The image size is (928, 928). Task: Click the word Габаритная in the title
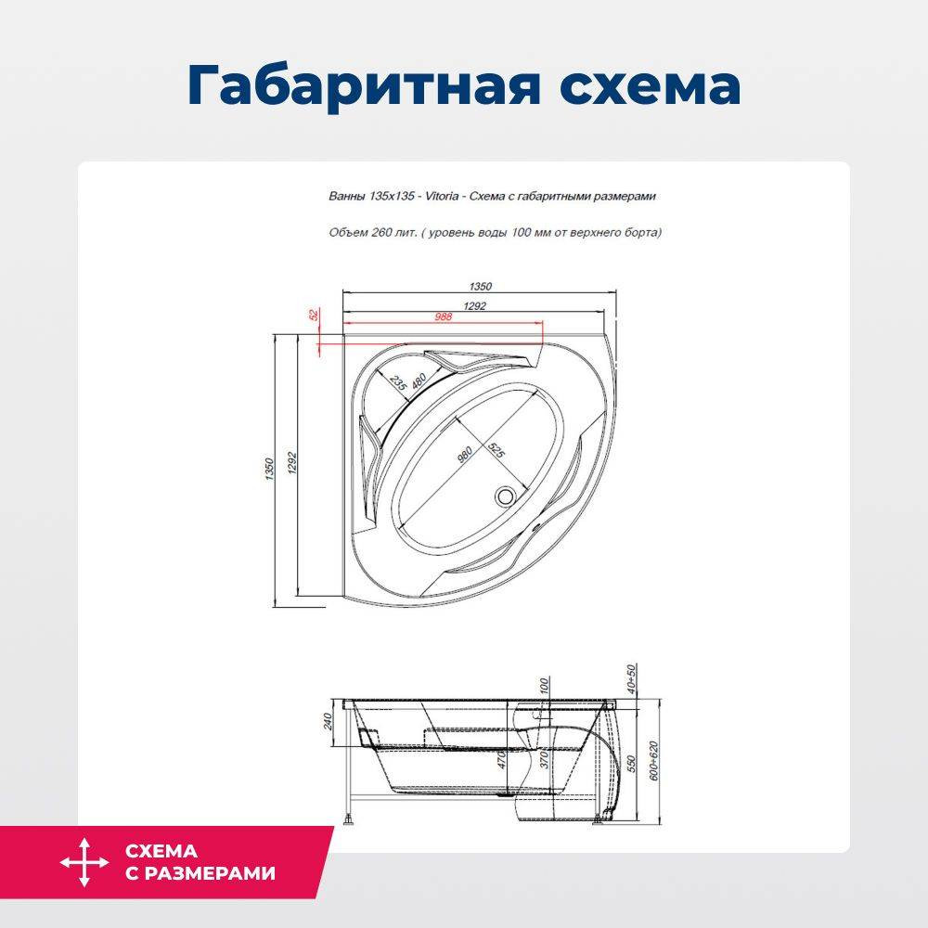(x=364, y=86)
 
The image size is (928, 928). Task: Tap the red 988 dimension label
(x=444, y=316)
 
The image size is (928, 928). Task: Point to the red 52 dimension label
(x=315, y=315)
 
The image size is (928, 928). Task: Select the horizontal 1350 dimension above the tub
(x=481, y=287)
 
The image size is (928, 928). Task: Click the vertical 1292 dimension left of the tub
(x=291, y=463)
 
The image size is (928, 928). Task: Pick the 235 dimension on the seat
(x=398, y=383)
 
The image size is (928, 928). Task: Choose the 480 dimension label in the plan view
(x=419, y=380)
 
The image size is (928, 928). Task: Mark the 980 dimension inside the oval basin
(x=465, y=455)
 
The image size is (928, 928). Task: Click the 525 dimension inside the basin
(x=496, y=451)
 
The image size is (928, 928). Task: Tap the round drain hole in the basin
(x=506, y=495)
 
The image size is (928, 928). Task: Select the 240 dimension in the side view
(x=328, y=721)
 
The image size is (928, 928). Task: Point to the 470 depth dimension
(x=502, y=759)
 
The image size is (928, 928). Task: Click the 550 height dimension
(x=631, y=764)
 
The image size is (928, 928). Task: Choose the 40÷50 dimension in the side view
(x=631, y=679)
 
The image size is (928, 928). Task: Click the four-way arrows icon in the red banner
(x=84, y=862)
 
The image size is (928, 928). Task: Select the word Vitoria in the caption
(x=442, y=196)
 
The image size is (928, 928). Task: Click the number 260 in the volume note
(x=381, y=232)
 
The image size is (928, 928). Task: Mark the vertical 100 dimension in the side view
(x=545, y=687)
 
